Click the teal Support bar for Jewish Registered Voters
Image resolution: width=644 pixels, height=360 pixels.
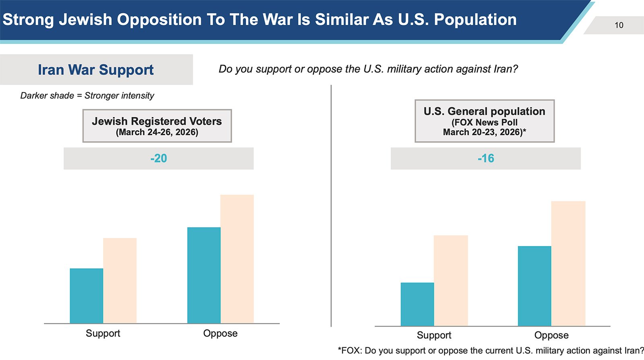[87, 296]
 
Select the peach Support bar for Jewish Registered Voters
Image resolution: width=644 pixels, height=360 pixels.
[120, 280]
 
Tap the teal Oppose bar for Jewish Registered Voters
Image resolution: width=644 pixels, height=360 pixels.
[204, 275]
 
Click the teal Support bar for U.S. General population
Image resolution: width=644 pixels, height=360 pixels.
[417, 304]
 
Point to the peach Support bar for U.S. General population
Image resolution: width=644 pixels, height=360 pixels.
[451, 280]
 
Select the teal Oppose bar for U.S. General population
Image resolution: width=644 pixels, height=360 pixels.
[535, 286]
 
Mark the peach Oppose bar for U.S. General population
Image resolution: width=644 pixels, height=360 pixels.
[568, 263]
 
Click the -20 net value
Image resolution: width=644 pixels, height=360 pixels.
[159, 158]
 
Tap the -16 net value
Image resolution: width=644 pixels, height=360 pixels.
[486, 158]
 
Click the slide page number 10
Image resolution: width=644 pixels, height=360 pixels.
[619, 25]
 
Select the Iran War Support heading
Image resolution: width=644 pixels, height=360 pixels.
[96, 70]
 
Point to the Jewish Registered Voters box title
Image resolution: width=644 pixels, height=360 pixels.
[157, 121]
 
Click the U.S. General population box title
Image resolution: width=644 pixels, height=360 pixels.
[484, 111]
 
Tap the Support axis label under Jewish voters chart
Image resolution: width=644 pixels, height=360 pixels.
[103, 333]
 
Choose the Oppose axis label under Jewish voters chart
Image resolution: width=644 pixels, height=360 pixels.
[220, 333]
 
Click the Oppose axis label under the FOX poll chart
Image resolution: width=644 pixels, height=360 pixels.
[551, 335]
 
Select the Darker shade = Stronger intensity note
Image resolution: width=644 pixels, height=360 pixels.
[87, 96]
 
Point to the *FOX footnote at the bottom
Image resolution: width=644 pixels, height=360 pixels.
[491, 351]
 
